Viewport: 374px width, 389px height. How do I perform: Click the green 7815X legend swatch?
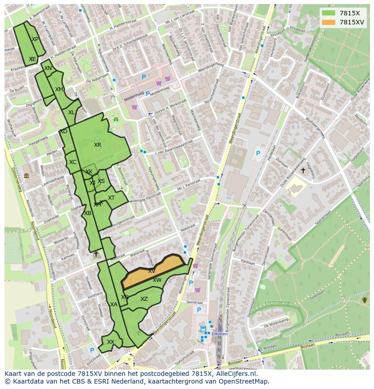tap(329, 13)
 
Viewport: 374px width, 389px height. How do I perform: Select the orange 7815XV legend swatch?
tap(329, 22)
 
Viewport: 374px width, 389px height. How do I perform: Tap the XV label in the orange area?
tap(152, 271)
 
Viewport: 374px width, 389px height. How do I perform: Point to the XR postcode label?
tap(98, 145)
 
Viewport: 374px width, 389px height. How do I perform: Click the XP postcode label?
tap(35, 39)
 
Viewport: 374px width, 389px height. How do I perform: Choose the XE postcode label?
tap(32, 59)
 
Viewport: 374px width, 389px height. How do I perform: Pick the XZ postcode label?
tap(144, 299)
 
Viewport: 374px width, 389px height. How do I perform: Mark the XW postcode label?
tap(157, 280)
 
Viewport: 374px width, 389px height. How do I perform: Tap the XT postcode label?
tap(111, 198)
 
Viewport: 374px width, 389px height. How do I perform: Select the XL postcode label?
tap(71, 112)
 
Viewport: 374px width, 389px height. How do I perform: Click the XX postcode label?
tap(110, 342)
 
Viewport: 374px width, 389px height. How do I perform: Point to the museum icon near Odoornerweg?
tap(26, 175)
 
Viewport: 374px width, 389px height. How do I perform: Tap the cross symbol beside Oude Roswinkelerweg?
tap(303, 170)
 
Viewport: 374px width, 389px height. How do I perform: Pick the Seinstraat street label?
tap(195, 302)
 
